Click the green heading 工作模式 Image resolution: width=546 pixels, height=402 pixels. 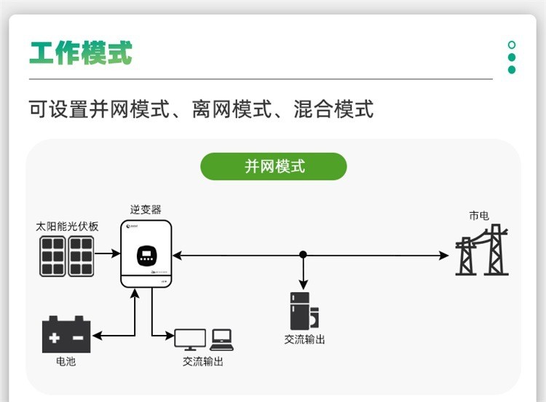point(81,53)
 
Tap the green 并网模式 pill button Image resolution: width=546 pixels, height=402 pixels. point(274,167)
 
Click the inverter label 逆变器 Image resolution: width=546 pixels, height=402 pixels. point(146,209)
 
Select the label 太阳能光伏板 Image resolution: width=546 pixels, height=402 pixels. point(68,226)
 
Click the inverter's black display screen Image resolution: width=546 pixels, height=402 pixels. point(146,256)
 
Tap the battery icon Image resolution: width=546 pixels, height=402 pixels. point(66,336)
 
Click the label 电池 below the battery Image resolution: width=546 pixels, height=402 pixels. point(66,362)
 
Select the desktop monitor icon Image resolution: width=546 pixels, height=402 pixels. point(190,339)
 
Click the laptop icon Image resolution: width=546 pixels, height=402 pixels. point(221,339)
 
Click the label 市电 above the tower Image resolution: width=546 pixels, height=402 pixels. point(479,216)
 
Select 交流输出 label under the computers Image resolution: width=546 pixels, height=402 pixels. point(203,362)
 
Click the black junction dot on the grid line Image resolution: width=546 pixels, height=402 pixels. point(304,255)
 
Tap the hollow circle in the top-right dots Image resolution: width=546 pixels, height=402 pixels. point(512,45)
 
